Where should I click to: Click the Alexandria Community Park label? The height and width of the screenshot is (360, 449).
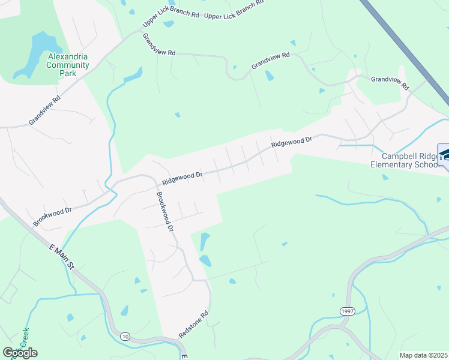point(68,65)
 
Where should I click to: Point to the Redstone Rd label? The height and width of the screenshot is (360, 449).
point(193,324)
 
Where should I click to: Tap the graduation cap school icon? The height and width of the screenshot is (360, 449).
point(445,155)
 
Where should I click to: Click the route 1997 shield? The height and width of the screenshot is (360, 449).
point(347,311)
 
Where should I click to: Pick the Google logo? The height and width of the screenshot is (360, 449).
point(20,353)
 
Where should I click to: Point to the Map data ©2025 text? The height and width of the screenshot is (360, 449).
point(423,355)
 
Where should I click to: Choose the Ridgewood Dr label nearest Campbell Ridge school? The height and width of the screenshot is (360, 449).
point(291,143)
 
